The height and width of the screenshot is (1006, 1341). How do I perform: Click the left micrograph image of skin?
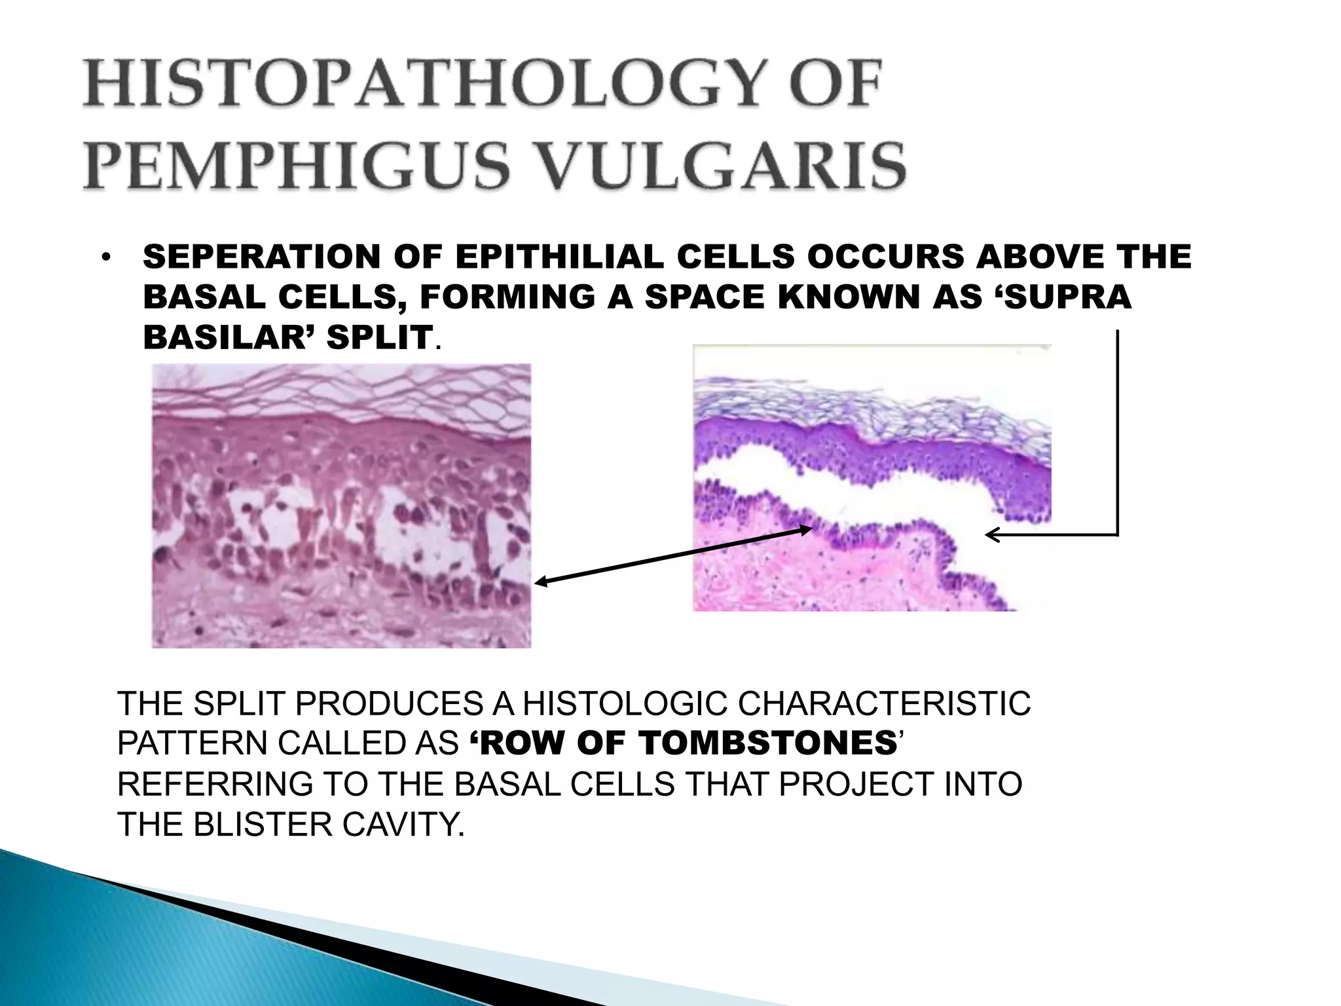pos(341,506)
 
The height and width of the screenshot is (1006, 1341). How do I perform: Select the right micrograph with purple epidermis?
pos(872,478)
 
